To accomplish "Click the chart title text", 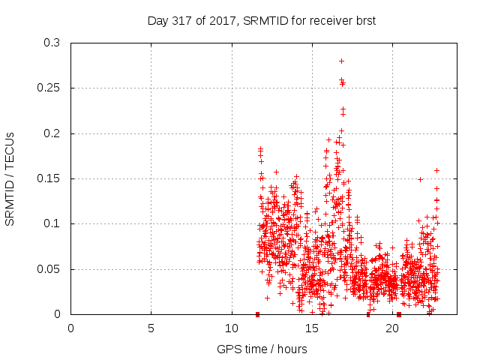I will tap(261, 21).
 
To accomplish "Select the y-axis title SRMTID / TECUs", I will tap(10, 178).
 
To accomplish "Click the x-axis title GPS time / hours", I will tap(262, 349).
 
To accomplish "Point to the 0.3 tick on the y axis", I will tap(52, 43).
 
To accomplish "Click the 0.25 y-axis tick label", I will tap(49, 88).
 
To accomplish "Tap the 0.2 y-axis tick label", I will tap(52, 133).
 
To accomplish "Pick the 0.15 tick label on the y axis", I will tap(49, 178).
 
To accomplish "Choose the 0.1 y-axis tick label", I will tap(52, 223).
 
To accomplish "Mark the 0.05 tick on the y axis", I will tap(49, 268).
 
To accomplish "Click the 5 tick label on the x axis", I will tap(151, 328).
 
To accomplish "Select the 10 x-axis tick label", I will tap(232, 328).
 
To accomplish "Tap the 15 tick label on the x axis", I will tap(312, 328).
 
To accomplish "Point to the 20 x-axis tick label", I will tap(392, 328).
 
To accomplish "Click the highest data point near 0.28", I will tap(341, 61).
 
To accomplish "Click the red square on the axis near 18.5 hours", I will tap(368, 314).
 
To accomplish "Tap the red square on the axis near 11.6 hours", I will tap(257, 314).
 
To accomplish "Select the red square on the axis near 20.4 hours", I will tap(399, 314).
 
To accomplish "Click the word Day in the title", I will tap(157, 21).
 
